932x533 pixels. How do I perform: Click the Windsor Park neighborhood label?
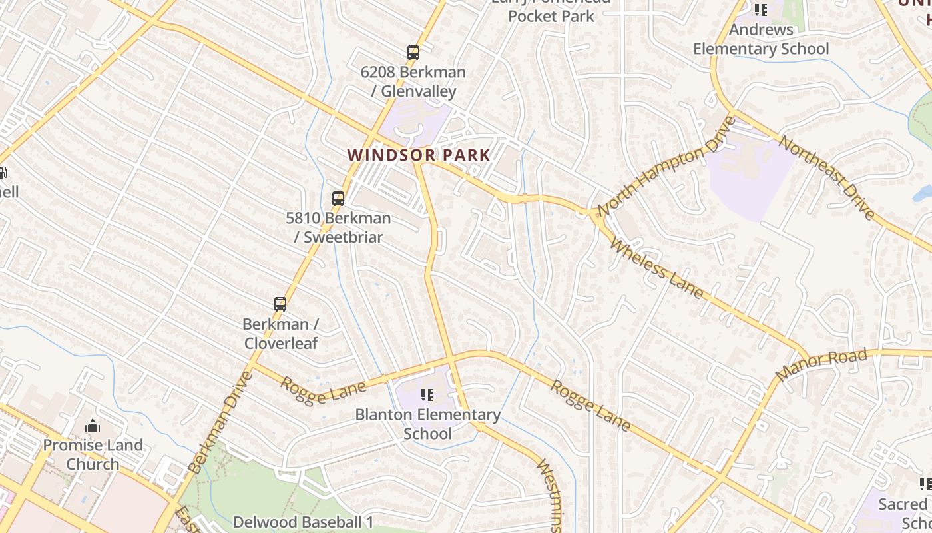(419, 155)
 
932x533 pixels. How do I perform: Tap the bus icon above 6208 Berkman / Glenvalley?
(413, 52)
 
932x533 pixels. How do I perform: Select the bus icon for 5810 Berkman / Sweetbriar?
(338, 198)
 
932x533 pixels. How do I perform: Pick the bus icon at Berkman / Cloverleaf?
(280, 304)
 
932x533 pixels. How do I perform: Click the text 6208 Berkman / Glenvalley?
(413, 81)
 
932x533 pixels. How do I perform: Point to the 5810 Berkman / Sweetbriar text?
(338, 227)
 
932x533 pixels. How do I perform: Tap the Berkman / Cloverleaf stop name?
(280, 334)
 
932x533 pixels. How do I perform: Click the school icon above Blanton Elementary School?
(427, 395)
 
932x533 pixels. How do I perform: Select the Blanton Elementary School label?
(427, 424)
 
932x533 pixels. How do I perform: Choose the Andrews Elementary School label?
(761, 39)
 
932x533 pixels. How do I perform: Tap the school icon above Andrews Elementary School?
(760, 10)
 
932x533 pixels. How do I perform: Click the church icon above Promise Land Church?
(93, 426)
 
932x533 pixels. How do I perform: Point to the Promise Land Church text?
(93, 454)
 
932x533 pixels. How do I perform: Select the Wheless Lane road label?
(656, 268)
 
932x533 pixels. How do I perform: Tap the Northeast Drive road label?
(826, 177)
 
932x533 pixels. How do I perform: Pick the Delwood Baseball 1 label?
(303, 522)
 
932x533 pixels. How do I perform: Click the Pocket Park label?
(551, 15)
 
